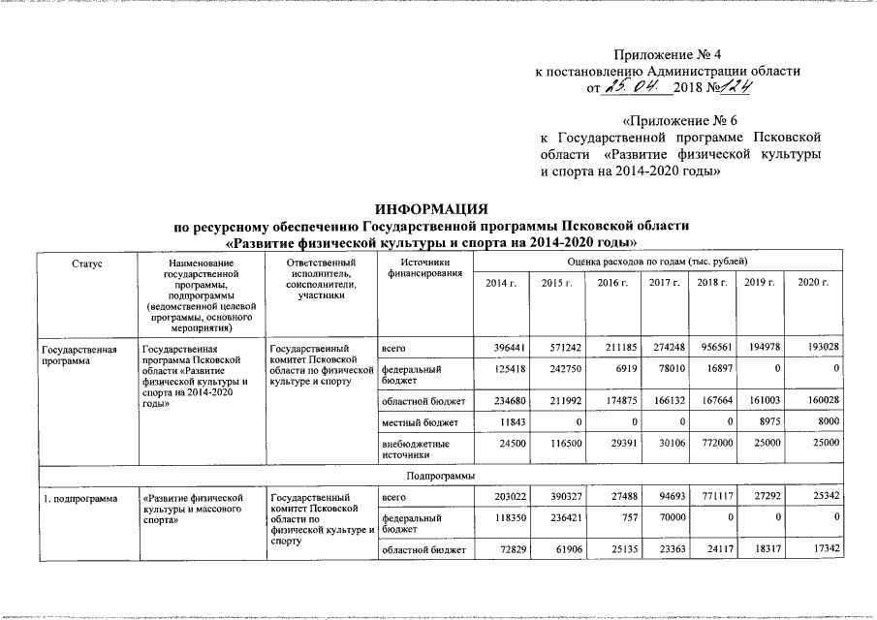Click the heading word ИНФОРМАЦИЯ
pos(431,209)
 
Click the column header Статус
pos(86,263)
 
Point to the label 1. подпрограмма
pos(74,499)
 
